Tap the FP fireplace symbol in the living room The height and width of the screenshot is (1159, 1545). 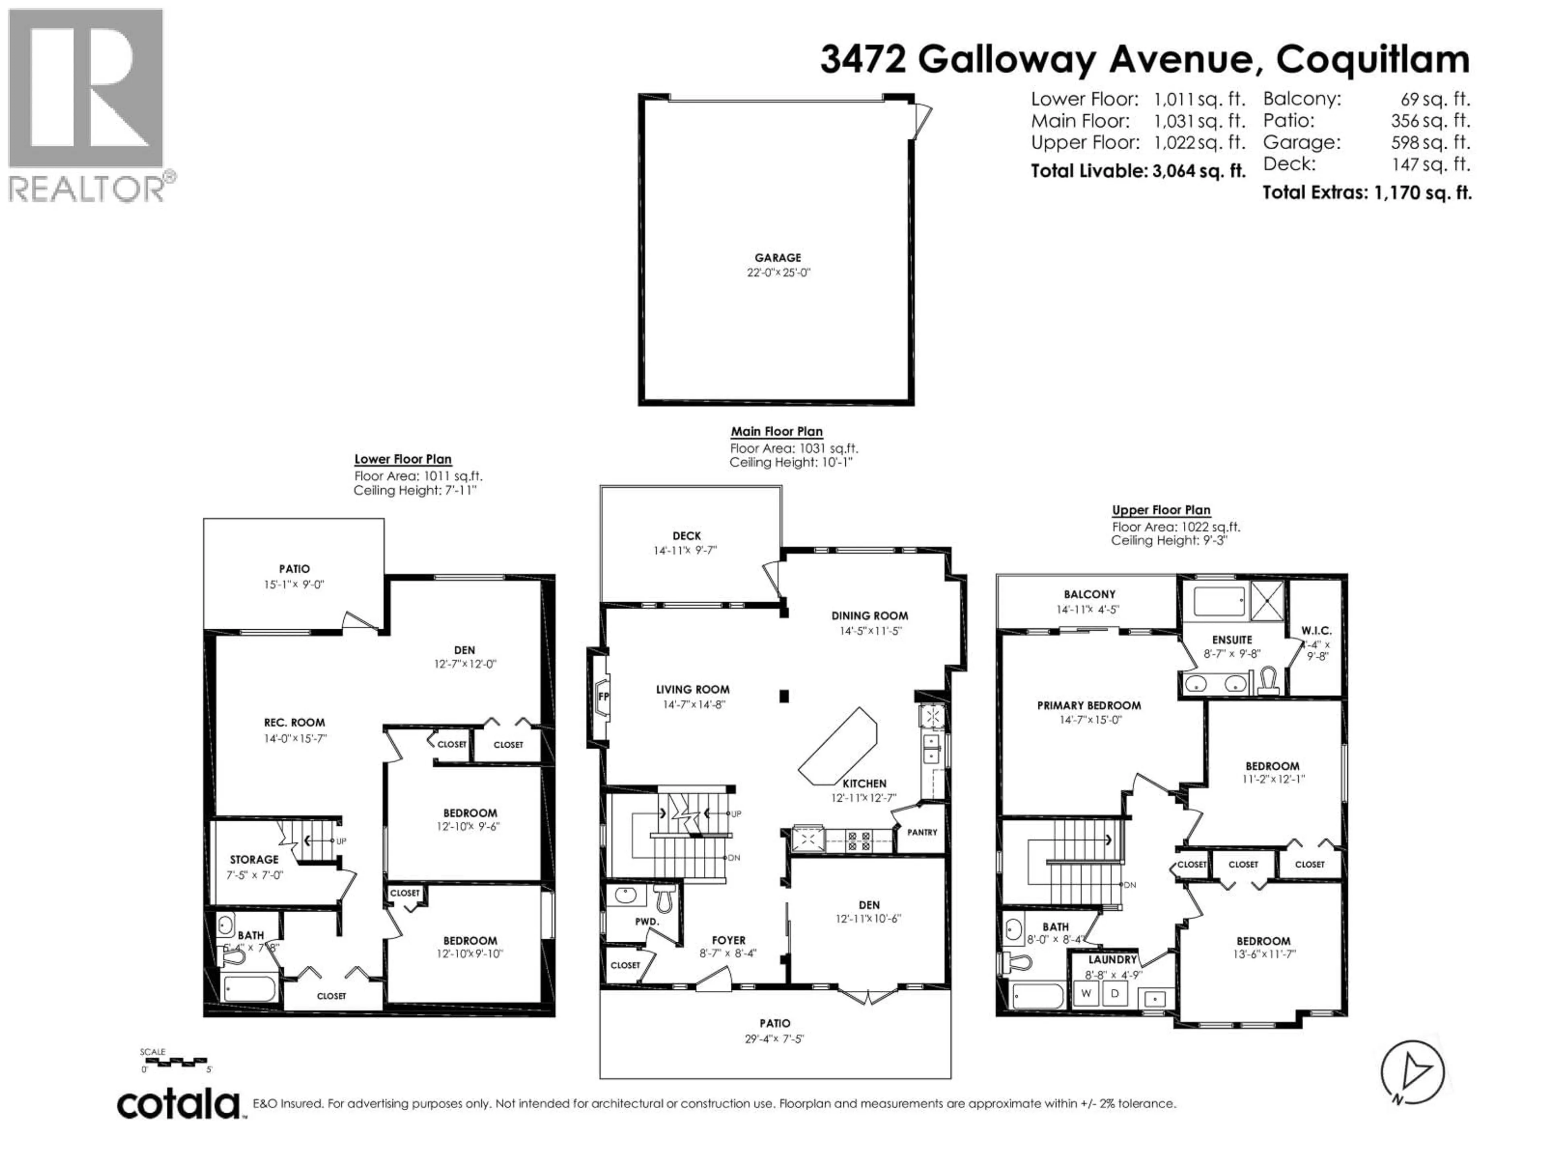tap(603, 697)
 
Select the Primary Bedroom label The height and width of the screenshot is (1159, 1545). tap(1089, 705)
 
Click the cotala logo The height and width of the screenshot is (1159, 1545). tap(178, 1105)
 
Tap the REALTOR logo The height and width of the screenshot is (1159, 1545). tap(87, 105)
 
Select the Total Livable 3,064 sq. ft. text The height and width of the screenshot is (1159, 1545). tap(1138, 171)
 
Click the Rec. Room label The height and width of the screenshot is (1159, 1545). tap(294, 722)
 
